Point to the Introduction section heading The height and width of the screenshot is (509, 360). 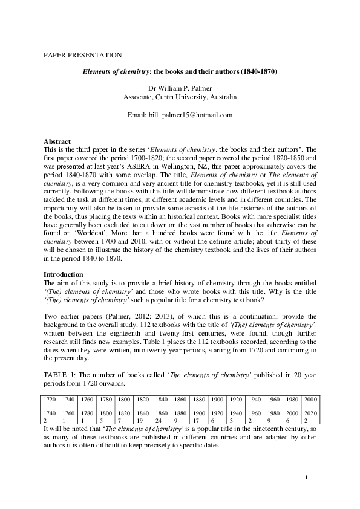tap(64, 275)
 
